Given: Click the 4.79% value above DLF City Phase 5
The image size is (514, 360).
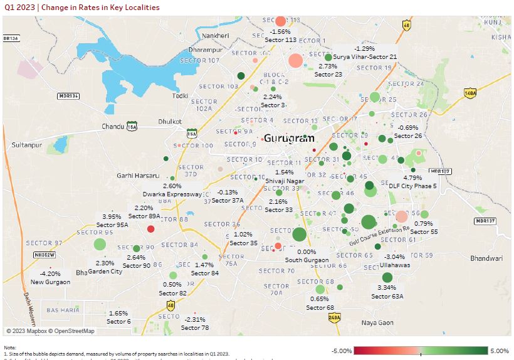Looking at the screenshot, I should [x=413, y=177].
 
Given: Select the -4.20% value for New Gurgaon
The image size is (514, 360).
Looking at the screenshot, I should [x=50, y=273].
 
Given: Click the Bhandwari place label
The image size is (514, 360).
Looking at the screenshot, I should [x=486, y=258].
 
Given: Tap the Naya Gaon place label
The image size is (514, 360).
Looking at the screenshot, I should [x=377, y=322].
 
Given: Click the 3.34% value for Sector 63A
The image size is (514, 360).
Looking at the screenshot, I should [x=387, y=287].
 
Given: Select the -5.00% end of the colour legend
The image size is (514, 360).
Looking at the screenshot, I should [x=342, y=351].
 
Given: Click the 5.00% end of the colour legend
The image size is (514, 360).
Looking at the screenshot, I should [x=499, y=351].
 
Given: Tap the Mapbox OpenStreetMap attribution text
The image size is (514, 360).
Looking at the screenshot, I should [x=50, y=331].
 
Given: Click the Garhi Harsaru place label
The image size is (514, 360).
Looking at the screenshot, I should [x=138, y=176].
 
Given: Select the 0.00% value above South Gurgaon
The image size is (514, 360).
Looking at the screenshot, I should [x=307, y=251].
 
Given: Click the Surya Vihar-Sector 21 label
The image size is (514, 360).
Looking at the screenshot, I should [x=365, y=56].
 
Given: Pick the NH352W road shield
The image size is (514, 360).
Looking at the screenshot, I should [x=45, y=255].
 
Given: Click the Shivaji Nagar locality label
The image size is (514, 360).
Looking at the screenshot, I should [x=285, y=181].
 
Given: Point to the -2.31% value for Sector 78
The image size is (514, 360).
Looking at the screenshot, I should [x=195, y=319].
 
